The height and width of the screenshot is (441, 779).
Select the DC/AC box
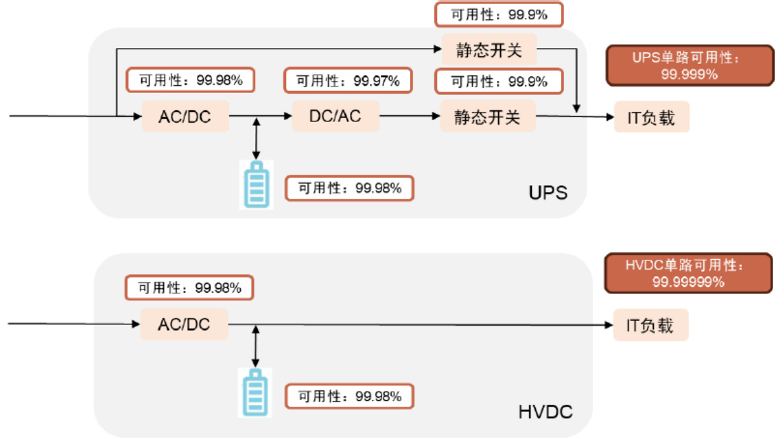point(335,116)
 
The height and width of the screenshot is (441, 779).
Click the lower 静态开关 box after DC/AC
point(488,117)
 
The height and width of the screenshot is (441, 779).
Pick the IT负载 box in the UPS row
point(651,117)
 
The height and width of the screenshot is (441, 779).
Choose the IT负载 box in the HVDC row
point(650,325)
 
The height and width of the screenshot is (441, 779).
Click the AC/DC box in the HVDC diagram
point(184,324)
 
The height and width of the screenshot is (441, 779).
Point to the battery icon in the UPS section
point(256,185)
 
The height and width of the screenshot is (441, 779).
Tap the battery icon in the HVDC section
point(254,393)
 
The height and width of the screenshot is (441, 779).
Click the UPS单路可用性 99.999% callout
point(689,66)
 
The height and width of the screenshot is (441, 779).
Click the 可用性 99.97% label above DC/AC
point(347,81)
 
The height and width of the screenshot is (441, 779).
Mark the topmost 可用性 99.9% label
point(499,15)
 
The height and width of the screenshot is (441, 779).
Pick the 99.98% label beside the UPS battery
point(349,188)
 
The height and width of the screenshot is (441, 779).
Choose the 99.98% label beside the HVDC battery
point(349,397)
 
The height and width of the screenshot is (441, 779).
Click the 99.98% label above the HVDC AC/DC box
point(189,288)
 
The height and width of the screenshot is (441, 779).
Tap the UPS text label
point(548,193)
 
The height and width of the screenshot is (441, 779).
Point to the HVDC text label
point(546,413)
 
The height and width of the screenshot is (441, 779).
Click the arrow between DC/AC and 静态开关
point(410,116)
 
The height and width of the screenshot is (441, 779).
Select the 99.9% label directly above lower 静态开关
point(499,82)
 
